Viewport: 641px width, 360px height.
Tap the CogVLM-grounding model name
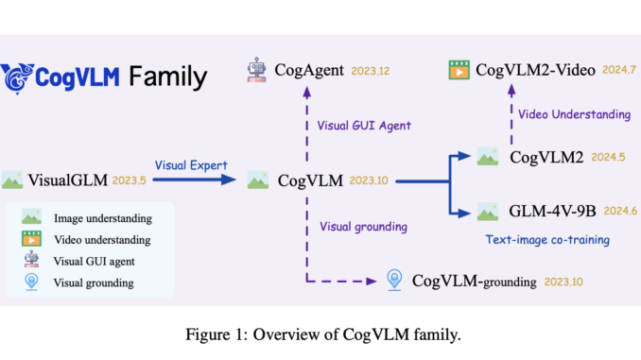[474, 281]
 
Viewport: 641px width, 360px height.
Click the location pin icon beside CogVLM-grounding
[395, 280]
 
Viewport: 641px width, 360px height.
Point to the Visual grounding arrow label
[365, 226]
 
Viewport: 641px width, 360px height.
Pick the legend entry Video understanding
[107, 239]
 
